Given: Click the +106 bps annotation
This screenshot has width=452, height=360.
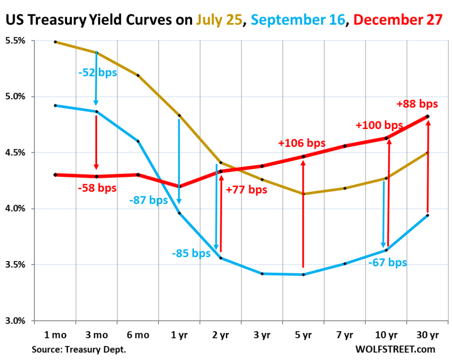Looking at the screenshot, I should tap(302, 143).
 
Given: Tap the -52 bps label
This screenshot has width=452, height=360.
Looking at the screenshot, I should tap(98, 72).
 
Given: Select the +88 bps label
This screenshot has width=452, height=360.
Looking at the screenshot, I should tap(417, 104).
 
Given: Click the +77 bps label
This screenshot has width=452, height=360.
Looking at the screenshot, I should tap(246, 190).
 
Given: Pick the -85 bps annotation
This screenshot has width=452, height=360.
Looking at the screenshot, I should tap(191, 254).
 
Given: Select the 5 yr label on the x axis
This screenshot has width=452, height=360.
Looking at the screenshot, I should tap(303, 335).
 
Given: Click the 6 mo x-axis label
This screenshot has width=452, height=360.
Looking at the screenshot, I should tap(138, 335).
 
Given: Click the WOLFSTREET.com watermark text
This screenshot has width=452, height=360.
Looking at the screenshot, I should tap(395, 349).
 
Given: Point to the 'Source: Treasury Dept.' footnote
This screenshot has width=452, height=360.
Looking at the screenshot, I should tap(79, 349).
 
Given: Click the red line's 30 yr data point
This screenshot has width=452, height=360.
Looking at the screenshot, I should tap(427, 116).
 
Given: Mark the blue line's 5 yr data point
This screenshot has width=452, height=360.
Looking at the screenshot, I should tap(303, 275).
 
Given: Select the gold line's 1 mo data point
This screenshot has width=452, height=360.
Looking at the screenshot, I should tap(55, 42).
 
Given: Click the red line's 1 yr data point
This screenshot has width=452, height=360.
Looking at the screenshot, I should tap(179, 186).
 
